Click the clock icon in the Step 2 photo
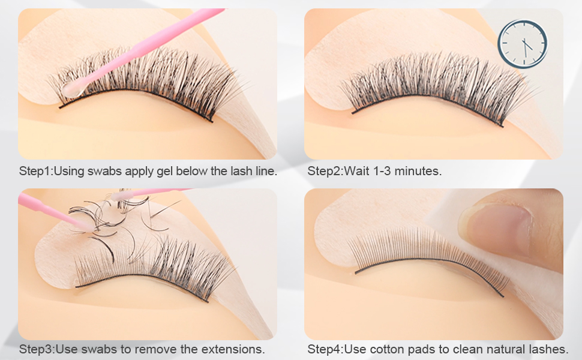[x=522, y=44]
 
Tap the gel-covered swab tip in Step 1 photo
[x=73, y=89]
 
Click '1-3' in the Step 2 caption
[x=382, y=171]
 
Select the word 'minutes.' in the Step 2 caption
[x=418, y=171]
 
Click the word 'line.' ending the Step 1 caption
[x=266, y=171]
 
